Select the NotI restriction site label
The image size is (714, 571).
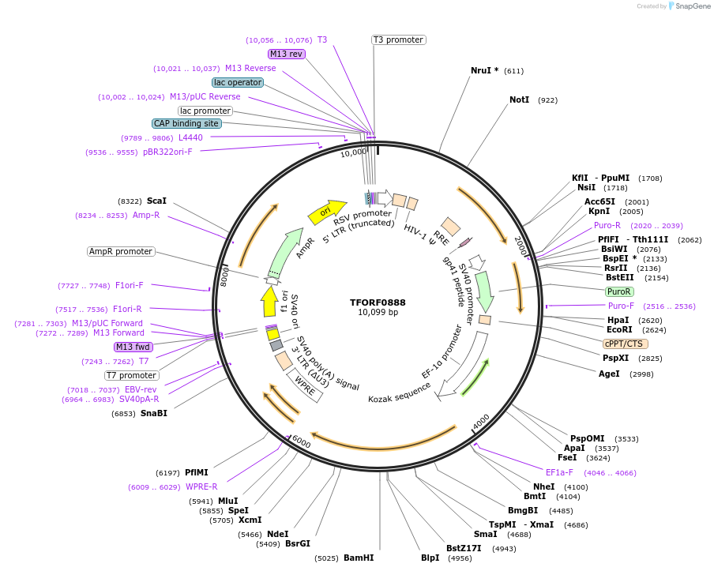[x=519, y=100]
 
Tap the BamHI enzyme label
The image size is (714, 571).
[x=359, y=558]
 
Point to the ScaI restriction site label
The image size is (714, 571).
[x=156, y=201]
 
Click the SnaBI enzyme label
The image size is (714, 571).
[x=154, y=413]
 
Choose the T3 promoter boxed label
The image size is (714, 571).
[x=399, y=39]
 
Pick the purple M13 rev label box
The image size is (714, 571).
[x=286, y=54]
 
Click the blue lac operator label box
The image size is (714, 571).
[x=237, y=82]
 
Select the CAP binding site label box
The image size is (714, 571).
[x=186, y=123]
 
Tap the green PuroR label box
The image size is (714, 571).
[x=618, y=291]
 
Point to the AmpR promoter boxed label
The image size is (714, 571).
[x=121, y=251]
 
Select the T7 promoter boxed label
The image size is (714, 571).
[x=132, y=375]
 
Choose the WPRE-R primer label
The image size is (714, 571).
[x=201, y=486]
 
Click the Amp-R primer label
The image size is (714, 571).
[x=146, y=215]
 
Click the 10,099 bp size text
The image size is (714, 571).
[x=378, y=313]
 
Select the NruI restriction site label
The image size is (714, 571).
[x=484, y=70]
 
